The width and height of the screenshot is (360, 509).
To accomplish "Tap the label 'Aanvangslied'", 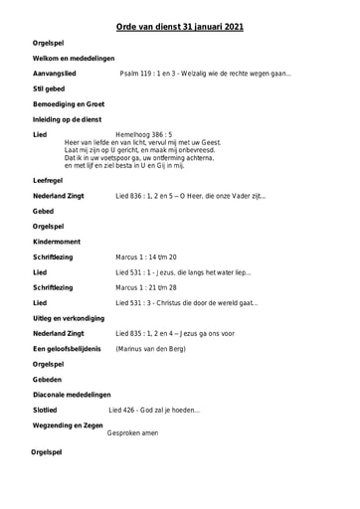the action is (x=60, y=75).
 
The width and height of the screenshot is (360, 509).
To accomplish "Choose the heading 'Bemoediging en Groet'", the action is (x=70, y=104).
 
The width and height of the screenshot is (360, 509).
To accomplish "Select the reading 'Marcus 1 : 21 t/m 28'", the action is (x=149, y=287).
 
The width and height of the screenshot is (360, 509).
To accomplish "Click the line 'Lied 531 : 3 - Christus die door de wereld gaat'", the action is (x=186, y=302).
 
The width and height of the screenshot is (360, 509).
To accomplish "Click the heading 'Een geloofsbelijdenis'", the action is (x=67, y=349).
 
